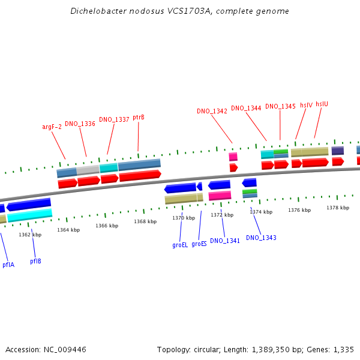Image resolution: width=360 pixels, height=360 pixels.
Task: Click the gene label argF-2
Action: tap(52, 127)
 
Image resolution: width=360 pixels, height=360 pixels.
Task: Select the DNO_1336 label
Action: tap(80, 124)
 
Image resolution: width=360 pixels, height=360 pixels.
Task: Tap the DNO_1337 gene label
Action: tap(114, 119)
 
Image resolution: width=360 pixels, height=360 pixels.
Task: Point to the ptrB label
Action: tap(139, 117)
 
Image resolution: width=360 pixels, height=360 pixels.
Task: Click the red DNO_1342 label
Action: tap(212, 111)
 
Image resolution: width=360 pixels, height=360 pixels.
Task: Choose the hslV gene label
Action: tap(306, 105)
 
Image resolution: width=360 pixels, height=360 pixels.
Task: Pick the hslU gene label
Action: tap(322, 104)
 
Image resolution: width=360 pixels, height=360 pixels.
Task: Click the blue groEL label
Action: tap(180, 245)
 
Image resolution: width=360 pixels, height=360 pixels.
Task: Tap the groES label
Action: tap(199, 244)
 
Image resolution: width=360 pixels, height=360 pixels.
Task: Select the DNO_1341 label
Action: tap(225, 241)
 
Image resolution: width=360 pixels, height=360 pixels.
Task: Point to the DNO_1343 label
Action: tap(261, 238)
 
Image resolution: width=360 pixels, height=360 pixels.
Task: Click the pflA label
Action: tap(8, 265)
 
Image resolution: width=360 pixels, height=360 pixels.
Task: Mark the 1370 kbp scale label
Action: tap(184, 218)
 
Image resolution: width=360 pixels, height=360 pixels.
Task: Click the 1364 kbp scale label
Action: tap(68, 230)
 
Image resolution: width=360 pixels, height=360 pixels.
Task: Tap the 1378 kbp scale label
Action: tap(337, 208)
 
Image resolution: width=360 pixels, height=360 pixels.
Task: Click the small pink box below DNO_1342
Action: tap(233, 157)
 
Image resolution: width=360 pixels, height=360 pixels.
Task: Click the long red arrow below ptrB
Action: tap(140, 175)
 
